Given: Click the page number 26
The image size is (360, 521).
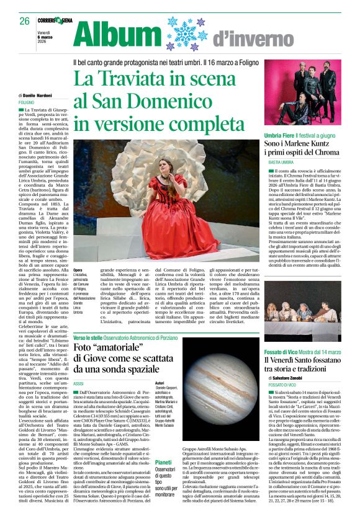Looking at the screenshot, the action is tap(24, 20).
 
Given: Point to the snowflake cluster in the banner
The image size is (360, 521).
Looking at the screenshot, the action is tap(184, 33).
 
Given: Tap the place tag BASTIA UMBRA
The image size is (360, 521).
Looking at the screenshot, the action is tap(281, 163).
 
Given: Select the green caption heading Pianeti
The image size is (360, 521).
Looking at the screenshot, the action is tap(163, 462).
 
